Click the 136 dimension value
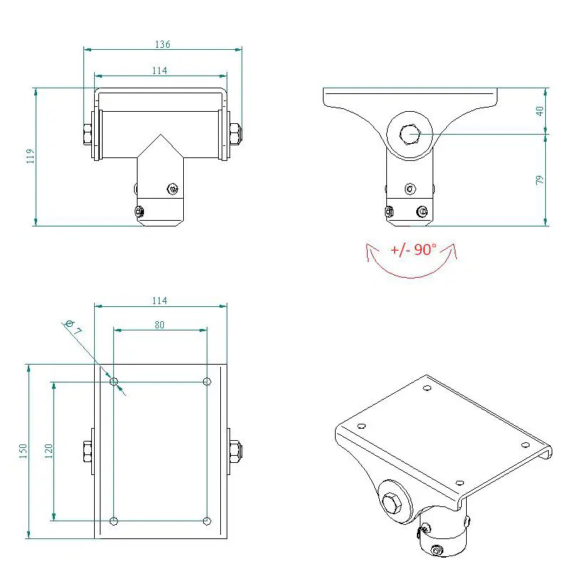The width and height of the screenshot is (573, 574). click(x=162, y=44)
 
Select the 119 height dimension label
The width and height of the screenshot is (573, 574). click(x=31, y=156)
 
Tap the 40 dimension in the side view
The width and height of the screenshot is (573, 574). click(x=540, y=111)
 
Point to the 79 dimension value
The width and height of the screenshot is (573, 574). click(x=540, y=180)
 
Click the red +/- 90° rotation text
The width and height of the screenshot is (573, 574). click(x=413, y=250)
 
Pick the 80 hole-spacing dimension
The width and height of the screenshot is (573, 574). click(x=160, y=325)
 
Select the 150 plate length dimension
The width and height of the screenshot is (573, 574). click(x=23, y=451)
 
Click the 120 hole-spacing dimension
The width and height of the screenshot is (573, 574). click(x=48, y=451)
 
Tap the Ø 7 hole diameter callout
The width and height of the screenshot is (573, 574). click(x=73, y=328)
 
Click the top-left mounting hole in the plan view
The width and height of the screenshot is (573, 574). click(x=114, y=382)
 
